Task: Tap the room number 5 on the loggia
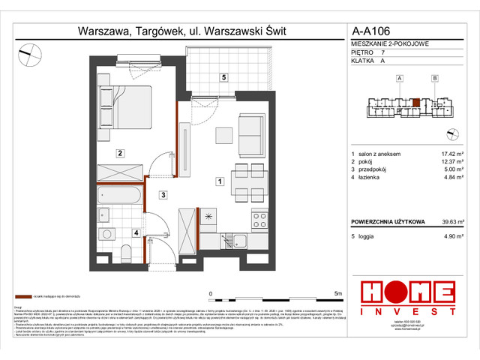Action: [x=223, y=77]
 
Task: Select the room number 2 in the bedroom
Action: [x=119, y=153]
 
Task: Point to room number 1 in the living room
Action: [x=218, y=181]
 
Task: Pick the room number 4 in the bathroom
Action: [x=135, y=233]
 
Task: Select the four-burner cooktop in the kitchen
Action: [x=259, y=220]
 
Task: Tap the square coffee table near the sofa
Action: [x=223, y=135]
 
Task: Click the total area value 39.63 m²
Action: [x=451, y=222]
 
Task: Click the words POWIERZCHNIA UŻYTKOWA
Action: [x=388, y=222]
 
